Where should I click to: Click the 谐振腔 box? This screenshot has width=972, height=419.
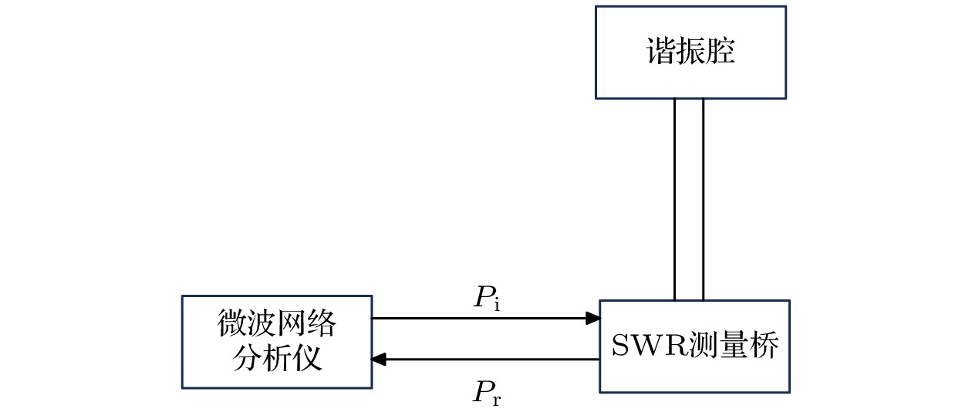click(690, 52)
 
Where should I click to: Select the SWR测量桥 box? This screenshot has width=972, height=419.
click(694, 346)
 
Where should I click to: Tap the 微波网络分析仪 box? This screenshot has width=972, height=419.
click(276, 341)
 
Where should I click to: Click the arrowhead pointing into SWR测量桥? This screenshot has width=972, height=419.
click(593, 318)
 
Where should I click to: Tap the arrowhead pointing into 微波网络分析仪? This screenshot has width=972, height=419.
click(379, 359)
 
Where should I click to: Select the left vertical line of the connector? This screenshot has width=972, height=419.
click(675, 199)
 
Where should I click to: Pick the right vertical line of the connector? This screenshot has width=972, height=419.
click(704, 199)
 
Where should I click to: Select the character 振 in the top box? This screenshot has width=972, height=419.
click(690, 52)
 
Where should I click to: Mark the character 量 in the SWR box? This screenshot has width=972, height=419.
click(734, 346)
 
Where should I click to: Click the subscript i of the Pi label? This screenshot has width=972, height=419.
click(497, 306)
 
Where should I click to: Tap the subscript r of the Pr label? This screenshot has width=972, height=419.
click(498, 400)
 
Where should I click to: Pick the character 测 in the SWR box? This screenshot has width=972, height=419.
click(703, 346)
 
